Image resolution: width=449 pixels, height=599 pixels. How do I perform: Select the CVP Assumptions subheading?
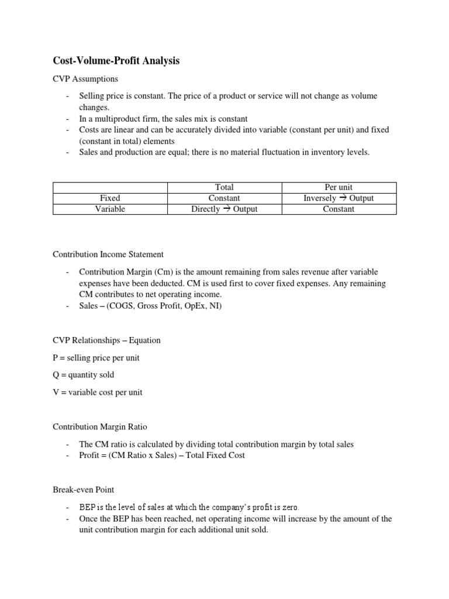[85, 79]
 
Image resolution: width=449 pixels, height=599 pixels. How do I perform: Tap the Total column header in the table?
[224, 187]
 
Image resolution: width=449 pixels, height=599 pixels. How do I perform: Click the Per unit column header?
[339, 187]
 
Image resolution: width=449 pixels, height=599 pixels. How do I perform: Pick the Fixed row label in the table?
[110, 198]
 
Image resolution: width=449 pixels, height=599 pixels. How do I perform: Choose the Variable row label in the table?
[110, 209]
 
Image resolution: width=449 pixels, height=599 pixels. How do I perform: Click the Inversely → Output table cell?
[339, 198]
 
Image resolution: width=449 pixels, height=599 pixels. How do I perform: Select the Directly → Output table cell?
[224, 209]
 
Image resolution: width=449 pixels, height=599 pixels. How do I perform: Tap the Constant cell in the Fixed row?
[224, 198]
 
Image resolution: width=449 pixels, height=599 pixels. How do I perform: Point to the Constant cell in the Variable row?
[339, 209]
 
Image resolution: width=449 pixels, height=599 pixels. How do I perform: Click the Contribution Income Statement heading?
[108, 254]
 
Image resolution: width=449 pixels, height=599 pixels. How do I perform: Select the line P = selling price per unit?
[96, 357]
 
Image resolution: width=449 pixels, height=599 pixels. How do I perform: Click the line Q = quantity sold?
[84, 375]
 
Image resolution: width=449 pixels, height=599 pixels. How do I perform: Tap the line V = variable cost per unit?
[97, 393]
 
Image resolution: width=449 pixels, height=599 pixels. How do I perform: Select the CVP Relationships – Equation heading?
[106, 340]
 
